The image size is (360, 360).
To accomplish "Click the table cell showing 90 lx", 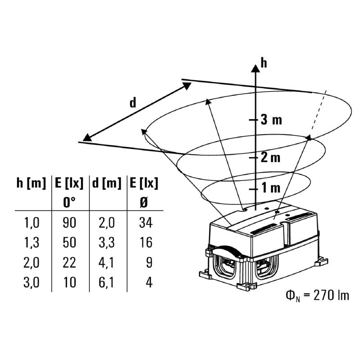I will tap(70, 222).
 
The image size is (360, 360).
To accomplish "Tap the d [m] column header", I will tap(107, 184).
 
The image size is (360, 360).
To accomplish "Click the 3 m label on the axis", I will tap(271, 120).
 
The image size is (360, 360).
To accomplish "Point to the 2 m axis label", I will tap(270, 157).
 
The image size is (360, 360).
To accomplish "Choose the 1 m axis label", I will tap(270, 188).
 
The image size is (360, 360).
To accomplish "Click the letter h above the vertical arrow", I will tap(264, 63).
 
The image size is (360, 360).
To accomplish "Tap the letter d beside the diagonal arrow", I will tap(132, 103).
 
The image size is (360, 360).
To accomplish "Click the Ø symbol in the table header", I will tap(144, 202).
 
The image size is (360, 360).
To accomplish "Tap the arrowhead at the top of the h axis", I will tap(256, 67).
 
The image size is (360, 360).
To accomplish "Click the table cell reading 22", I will tap(70, 262).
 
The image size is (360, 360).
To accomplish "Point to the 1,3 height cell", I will tap(31, 243).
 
